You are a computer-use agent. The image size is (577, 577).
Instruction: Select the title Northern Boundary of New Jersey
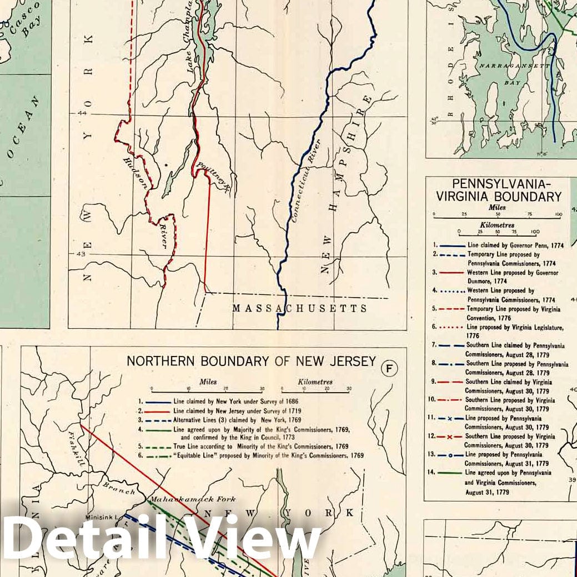[x=251, y=361]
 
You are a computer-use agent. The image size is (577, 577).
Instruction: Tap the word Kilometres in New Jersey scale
[x=315, y=382]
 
